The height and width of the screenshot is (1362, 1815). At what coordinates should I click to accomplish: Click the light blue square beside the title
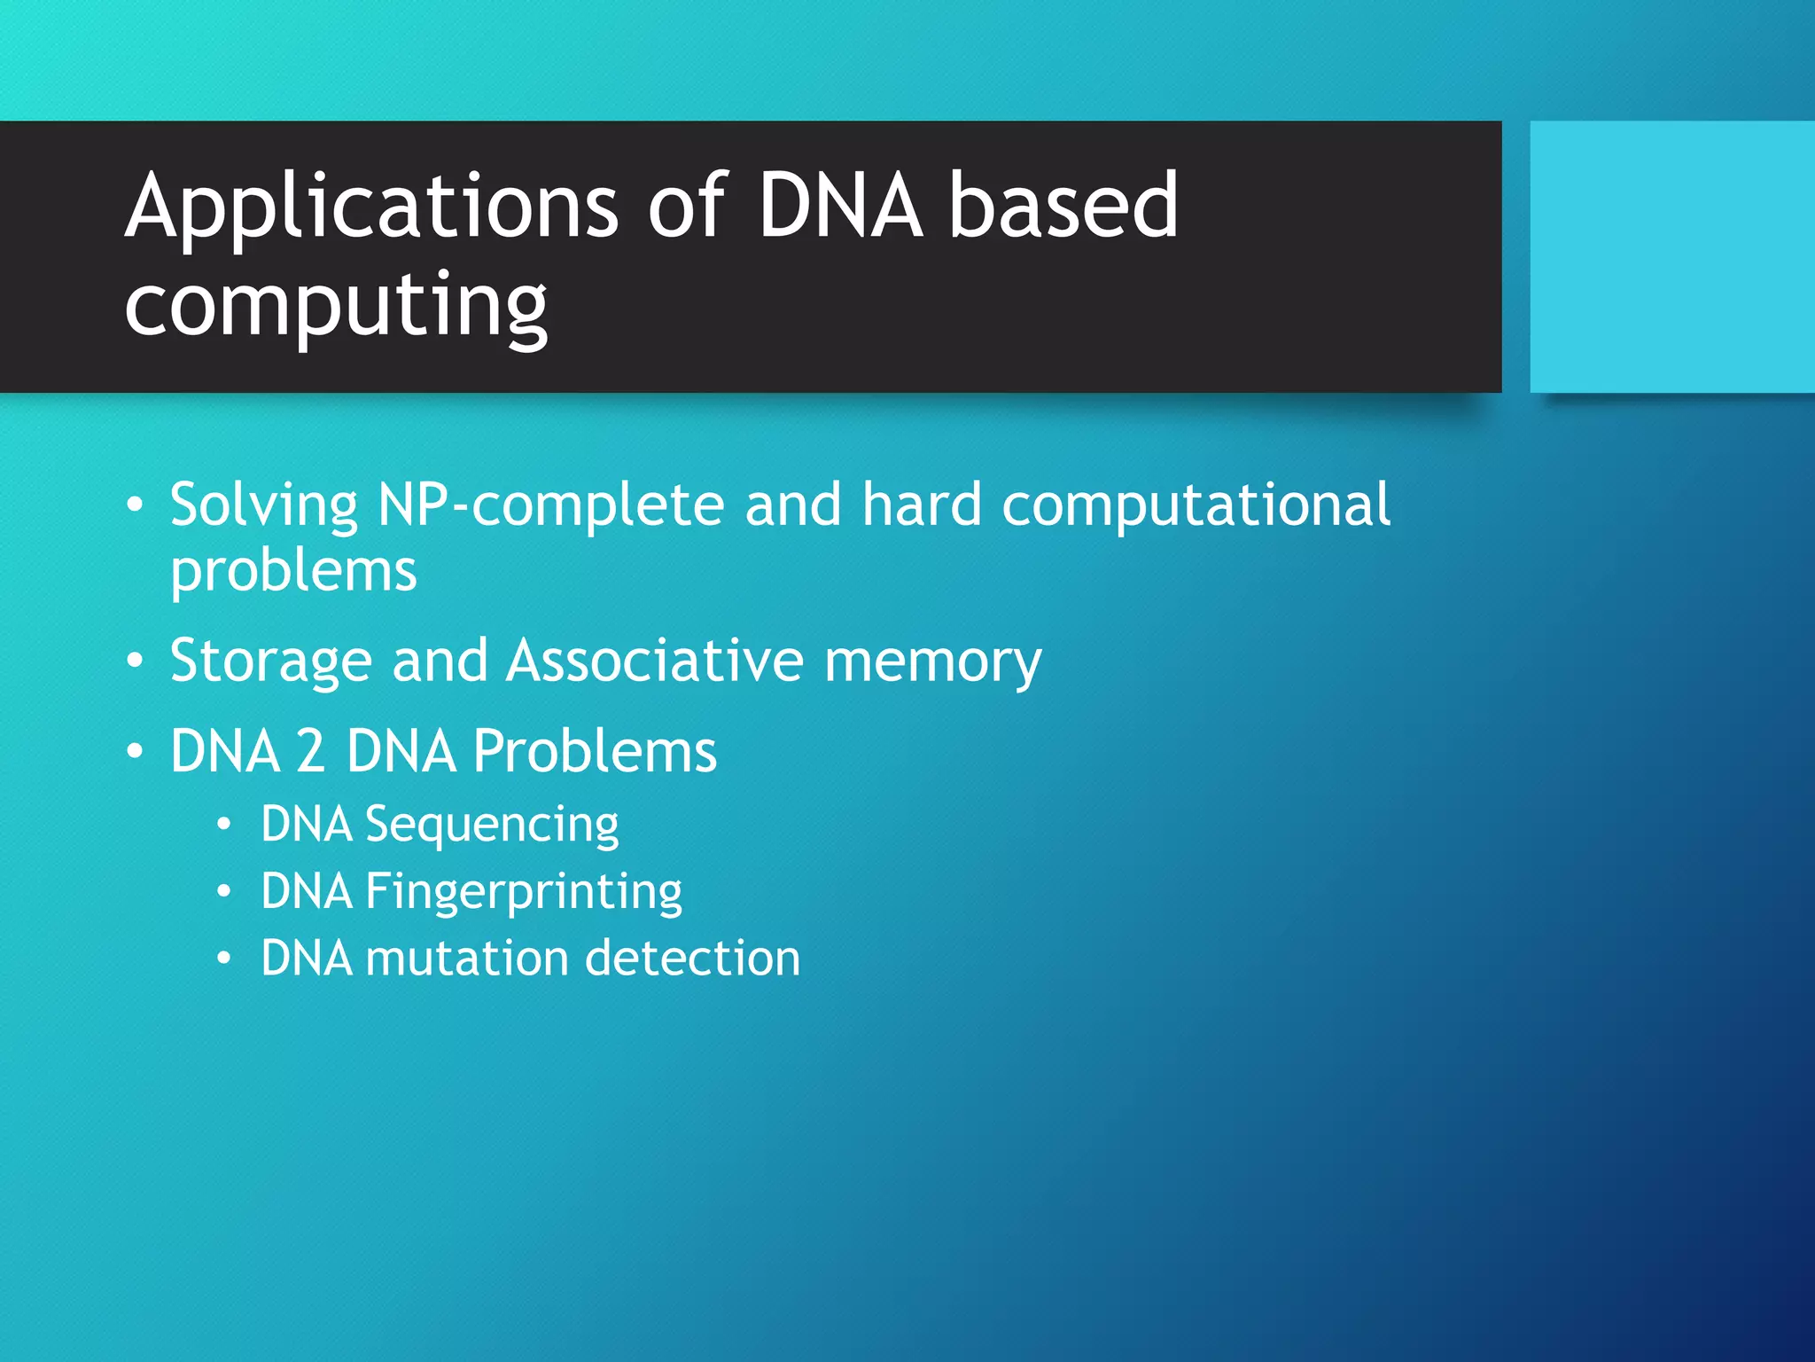(1671, 256)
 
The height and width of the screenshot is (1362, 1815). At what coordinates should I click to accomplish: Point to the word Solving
(263, 505)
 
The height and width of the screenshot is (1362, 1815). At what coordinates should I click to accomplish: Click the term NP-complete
(550, 505)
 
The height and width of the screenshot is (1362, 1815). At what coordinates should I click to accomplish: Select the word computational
(1196, 505)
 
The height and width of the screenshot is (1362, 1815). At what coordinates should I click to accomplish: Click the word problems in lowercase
(293, 571)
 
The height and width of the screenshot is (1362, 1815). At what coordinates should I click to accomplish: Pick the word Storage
(270, 661)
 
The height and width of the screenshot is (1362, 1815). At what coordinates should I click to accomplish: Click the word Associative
(655, 660)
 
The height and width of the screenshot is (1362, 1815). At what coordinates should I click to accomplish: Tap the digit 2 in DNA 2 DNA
(310, 751)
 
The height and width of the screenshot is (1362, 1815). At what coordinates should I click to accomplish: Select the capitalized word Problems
(594, 751)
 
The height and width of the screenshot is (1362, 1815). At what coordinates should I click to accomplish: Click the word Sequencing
(492, 826)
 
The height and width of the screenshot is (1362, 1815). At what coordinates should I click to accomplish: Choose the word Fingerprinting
(524, 892)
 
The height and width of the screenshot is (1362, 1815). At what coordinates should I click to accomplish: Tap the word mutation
(466, 959)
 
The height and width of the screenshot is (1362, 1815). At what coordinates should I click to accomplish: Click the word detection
(692, 959)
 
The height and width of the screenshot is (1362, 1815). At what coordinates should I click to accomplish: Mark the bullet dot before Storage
(135, 661)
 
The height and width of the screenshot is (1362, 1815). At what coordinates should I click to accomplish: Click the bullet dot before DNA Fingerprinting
(224, 891)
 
